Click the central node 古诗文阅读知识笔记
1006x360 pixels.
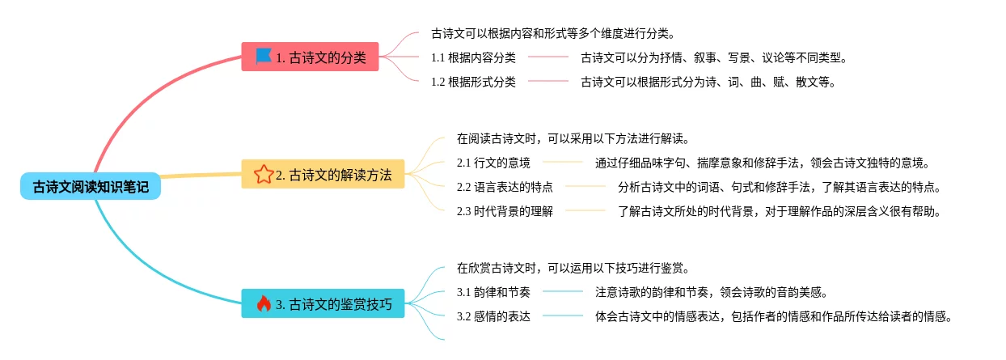pyautogui.click(x=91, y=187)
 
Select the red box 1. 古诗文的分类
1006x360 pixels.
pyautogui.click(x=310, y=57)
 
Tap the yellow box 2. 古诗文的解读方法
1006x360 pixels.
pyautogui.click(x=323, y=174)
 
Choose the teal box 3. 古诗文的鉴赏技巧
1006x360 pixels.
pyautogui.click(x=323, y=304)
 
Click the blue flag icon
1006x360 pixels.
pyautogui.click(x=263, y=56)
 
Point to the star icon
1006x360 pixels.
pyautogui.click(x=263, y=174)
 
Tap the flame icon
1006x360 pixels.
pyautogui.click(x=263, y=304)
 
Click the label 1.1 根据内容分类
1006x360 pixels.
pyautogui.click(x=473, y=57)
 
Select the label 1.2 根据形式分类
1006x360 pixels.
pyautogui.click(x=473, y=81)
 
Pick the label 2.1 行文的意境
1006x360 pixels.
pyautogui.click(x=493, y=162)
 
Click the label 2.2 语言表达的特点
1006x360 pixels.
pyautogui.click(x=505, y=187)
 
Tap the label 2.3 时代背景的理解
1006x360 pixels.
pyautogui.click(x=505, y=211)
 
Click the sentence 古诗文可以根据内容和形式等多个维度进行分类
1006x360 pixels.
pyautogui.click(x=553, y=34)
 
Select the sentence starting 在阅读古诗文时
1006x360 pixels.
pyautogui.click(x=573, y=138)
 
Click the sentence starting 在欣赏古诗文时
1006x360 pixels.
pyautogui.click(x=573, y=268)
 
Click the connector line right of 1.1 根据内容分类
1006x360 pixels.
pyautogui.click(x=548, y=57)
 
